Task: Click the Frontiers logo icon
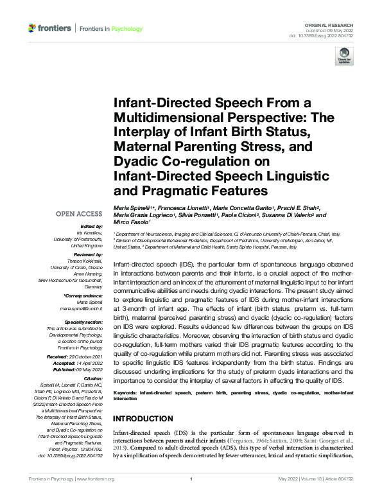tap(32, 28)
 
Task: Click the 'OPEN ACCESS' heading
tap(79, 213)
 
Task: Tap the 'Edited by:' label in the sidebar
tap(91, 227)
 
